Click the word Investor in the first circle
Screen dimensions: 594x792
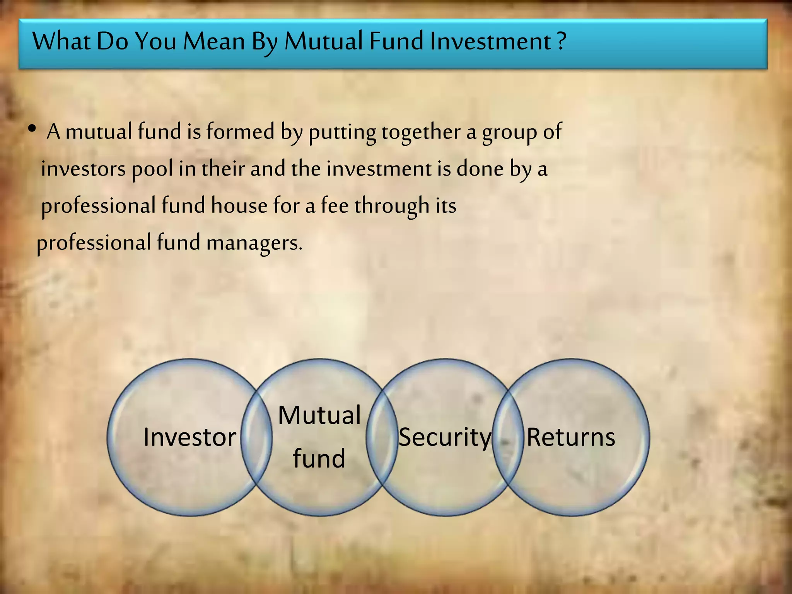189,437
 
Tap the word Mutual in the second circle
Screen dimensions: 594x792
319,415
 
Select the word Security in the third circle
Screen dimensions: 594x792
445,438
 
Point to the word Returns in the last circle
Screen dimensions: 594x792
571,437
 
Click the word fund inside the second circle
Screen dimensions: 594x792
319,459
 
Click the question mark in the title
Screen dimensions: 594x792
562,41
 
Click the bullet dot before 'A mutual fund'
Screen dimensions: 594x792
32,129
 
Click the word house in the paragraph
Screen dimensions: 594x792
239,205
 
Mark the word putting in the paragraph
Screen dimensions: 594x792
342,132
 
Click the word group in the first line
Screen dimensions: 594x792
510,132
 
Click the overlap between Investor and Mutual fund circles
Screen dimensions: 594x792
256,437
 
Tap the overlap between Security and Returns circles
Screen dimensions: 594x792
508,437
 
